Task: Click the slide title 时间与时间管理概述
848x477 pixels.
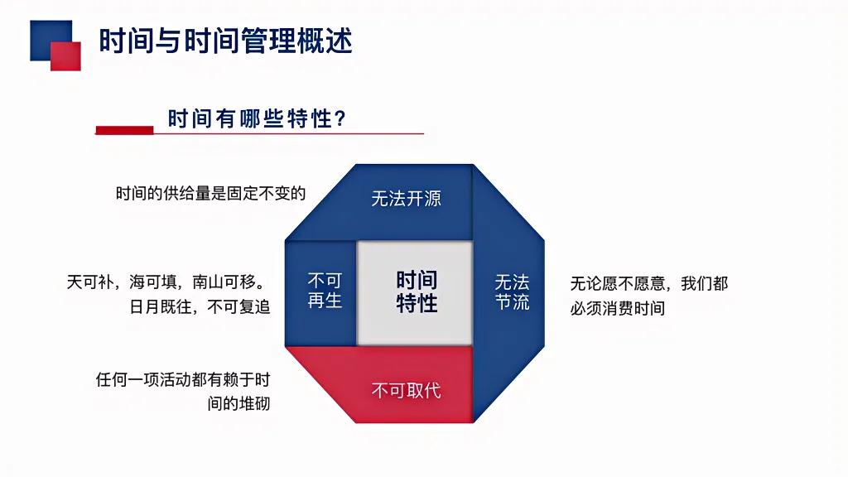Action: click(x=225, y=41)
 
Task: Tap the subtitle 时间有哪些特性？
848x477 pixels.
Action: click(x=257, y=119)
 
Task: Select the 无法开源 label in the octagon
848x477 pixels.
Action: click(x=406, y=199)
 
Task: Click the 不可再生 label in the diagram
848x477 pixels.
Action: click(x=325, y=291)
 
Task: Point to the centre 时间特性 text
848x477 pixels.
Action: click(x=417, y=291)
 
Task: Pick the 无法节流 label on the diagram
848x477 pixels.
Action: click(x=513, y=291)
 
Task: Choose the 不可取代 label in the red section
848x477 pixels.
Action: click(x=406, y=390)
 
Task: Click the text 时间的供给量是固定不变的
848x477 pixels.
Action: click(x=211, y=194)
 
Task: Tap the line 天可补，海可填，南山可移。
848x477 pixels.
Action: click(x=168, y=282)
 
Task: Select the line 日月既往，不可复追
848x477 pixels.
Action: click(x=200, y=306)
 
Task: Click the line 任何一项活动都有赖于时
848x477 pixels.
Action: click(x=183, y=380)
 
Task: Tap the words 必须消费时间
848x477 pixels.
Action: click(x=618, y=308)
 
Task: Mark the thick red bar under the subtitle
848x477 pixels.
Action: click(x=124, y=130)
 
